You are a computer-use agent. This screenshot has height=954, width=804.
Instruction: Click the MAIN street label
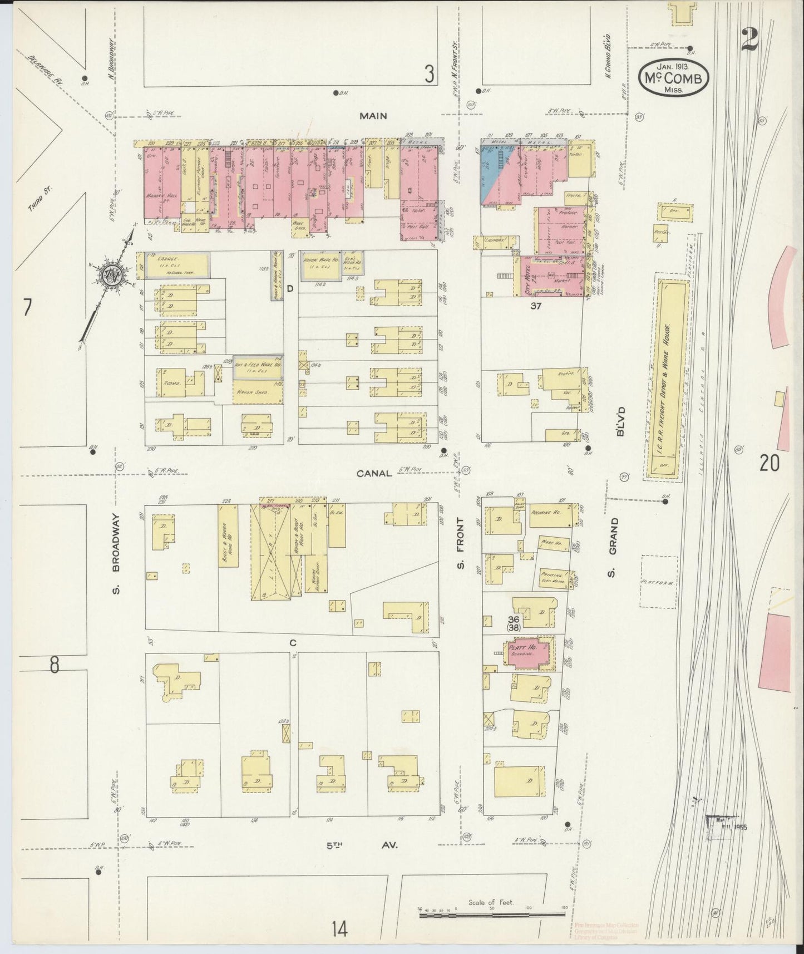click(x=372, y=116)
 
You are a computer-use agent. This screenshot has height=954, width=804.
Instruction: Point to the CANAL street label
click(x=374, y=473)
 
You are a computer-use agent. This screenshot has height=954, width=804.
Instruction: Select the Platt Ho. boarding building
click(x=526, y=651)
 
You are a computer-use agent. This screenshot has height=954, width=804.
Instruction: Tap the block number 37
click(x=535, y=306)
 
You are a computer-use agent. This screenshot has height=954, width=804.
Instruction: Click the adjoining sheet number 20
click(x=770, y=463)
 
